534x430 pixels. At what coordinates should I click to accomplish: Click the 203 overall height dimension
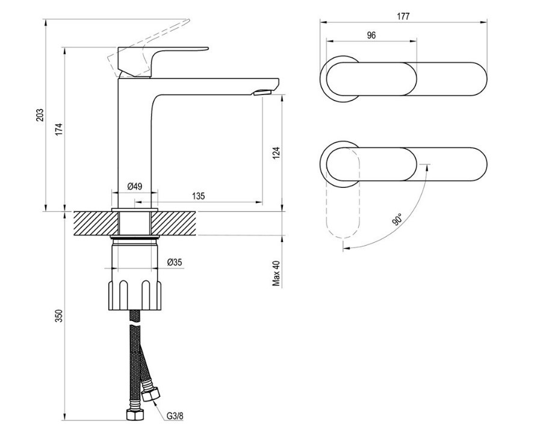[x=40, y=115]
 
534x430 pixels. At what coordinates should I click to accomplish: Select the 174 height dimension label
[x=60, y=129]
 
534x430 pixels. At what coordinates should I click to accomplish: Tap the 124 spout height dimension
[x=276, y=154]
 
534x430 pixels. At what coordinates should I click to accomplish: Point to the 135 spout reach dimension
[x=199, y=196]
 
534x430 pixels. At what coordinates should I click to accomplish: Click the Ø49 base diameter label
[x=135, y=186]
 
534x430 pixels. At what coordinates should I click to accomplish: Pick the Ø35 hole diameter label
[x=175, y=262]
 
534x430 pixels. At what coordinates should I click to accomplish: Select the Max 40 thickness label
[x=276, y=273]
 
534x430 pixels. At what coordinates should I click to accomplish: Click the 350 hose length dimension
[x=60, y=316]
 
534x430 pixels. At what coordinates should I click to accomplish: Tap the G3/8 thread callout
[x=175, y=416]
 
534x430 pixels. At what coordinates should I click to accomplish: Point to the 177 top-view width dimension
[x=403, y=16]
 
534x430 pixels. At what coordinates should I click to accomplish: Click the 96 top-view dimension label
[x=371, y=35]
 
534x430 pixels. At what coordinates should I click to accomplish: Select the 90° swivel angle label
[x=397, y=219]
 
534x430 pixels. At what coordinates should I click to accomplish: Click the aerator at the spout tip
[x=262, y=92]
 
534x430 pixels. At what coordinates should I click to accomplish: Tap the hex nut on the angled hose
[x=151, y=394]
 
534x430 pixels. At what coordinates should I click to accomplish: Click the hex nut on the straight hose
[x=135, y=415]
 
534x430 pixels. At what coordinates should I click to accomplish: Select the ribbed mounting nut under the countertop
[x=135, y=295]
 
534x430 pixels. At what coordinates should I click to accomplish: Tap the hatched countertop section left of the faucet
[x=96, y=223]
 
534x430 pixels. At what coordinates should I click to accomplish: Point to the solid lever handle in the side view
[x=160, y=61]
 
